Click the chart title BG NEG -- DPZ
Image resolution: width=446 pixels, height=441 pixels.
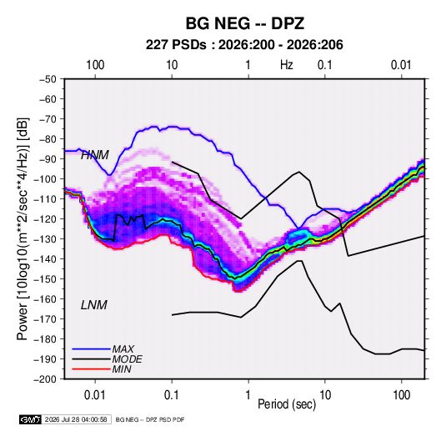tap(245, 23)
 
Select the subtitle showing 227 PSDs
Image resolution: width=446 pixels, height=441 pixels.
tap(244, 45)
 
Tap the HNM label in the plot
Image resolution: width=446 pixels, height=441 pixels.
tap(95, 155)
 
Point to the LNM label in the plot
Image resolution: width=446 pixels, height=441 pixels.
tap(94, 305)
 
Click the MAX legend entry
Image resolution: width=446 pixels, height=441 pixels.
tap(123, 349)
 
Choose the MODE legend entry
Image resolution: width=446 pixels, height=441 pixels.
tap(128, 359)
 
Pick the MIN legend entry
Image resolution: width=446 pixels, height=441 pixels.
tap(122, 369)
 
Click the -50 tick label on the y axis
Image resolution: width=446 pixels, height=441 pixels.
tap(48, 79)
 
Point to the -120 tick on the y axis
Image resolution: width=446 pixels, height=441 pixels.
tap(45, 219)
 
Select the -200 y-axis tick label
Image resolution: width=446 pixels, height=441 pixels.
tap(45, 379)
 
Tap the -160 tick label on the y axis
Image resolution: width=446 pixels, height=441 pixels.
tap(45, 299)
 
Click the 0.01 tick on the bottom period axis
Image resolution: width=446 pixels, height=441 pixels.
tap(95, 395)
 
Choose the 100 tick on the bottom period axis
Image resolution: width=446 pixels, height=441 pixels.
tap(402, 395)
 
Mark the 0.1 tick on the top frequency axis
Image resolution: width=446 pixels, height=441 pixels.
tap(325, 65)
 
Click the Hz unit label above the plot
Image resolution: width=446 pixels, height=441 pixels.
tap(287, 65)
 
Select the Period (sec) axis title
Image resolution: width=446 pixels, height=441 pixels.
tap(287, 404)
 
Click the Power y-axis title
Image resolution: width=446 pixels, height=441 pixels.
tap(23, 229)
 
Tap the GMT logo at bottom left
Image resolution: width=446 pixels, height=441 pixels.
tap(30, 419)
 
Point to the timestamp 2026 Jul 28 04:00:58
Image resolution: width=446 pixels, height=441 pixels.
tap(76, 419)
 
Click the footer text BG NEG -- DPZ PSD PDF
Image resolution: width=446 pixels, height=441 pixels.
tap(150, 419)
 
